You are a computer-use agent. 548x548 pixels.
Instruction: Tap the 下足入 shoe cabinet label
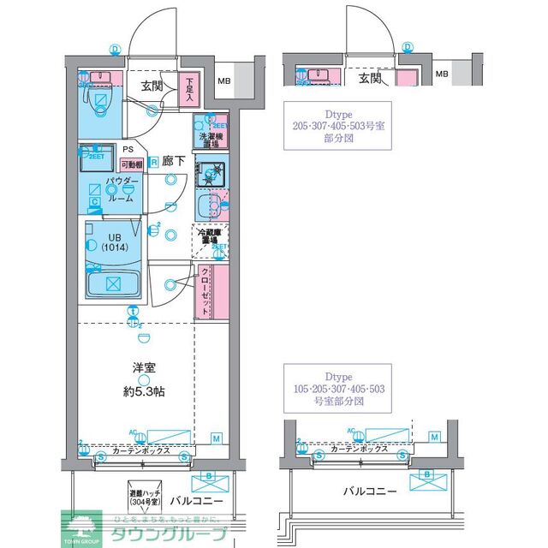(189, 90)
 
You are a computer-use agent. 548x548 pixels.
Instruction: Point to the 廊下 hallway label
(175, 160)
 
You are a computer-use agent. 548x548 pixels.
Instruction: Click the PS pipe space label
(128, 149)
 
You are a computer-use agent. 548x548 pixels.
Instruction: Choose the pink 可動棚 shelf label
(131, 164)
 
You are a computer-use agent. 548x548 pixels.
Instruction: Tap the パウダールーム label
(120, 189)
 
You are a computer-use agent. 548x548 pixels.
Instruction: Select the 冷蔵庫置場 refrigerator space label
(211, 237)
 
